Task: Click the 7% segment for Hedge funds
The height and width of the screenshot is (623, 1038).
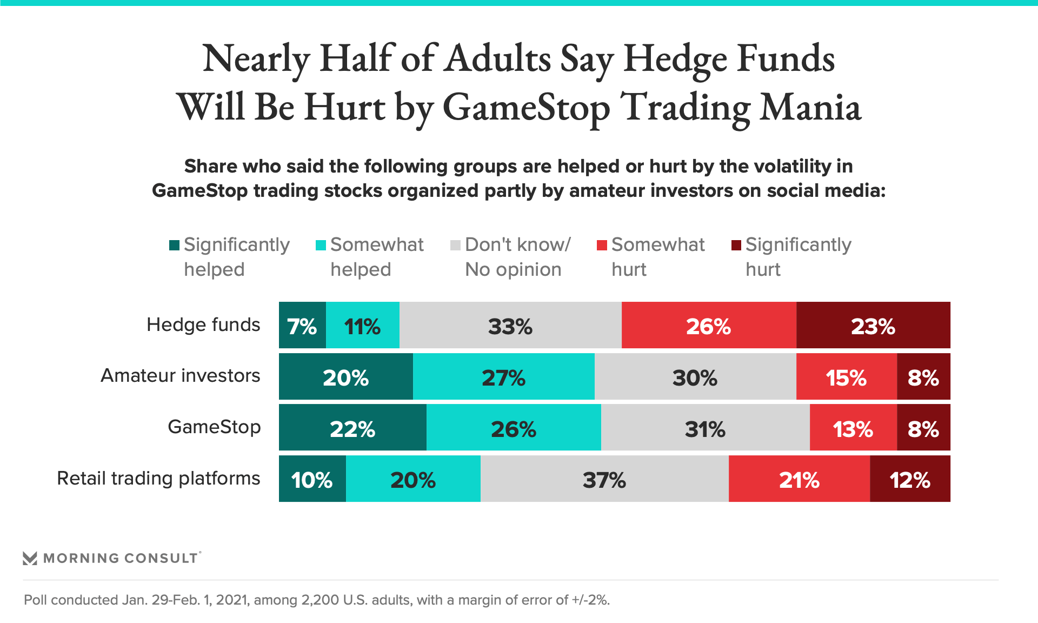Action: tap(302, 326)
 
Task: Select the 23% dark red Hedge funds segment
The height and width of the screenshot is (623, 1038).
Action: tap(873, 326)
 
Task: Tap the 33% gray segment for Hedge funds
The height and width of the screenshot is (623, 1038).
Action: tap(510, 326)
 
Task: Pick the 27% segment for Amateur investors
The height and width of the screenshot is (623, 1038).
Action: tap(503, 377)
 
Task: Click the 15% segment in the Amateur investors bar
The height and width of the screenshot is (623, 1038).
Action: tap(846, 377)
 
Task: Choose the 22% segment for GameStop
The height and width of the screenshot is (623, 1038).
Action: tap(352, 428)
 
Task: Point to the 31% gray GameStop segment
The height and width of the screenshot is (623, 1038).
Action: tap(705, 428)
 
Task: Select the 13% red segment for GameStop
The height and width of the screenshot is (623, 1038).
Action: tap(853, 428)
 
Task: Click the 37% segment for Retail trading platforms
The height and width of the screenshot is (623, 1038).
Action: tap(604, 479)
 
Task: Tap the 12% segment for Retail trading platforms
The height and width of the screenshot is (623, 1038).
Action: tap(910, 479)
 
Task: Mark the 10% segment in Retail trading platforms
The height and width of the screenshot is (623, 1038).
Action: tap(312, 479)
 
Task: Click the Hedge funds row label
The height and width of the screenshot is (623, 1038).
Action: tap(203, 325)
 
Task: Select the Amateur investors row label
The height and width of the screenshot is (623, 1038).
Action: tap(181, 376)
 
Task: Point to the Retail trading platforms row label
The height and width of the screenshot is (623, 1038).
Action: tap(158, 479)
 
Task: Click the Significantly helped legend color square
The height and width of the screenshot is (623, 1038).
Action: tap(174, 246)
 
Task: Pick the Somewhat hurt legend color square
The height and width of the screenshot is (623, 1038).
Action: tap(602, 246)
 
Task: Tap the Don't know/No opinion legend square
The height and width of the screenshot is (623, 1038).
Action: tap(455, 246)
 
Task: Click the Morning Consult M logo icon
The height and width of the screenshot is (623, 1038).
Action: tap(30, 558)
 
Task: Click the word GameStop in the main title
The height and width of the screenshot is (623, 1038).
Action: tap(526, 108)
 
